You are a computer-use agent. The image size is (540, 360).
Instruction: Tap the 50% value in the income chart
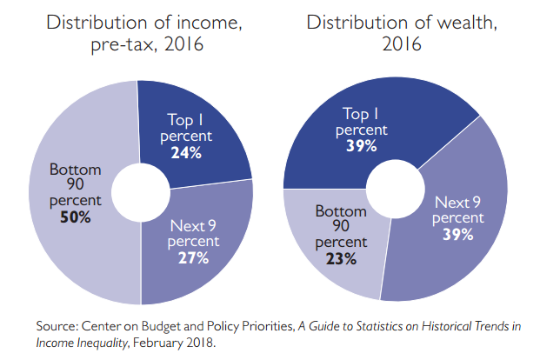pyautogui.click(x=76, y=217)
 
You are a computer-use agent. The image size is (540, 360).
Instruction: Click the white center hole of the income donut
pyautogui.click(x=140, y=190)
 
